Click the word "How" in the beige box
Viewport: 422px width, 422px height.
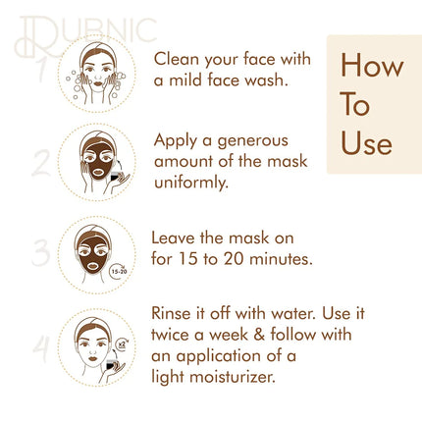372,65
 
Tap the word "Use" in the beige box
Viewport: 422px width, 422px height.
366,143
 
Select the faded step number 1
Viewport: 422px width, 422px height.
40,70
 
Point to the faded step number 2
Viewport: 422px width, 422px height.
41,163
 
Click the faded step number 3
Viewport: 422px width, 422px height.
41,252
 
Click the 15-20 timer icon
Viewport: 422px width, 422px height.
118,271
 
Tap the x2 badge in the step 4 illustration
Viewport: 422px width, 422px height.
123,344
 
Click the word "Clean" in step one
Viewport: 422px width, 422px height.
177,59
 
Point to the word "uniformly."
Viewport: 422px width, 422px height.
190,183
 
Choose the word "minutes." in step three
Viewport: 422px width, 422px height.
281,259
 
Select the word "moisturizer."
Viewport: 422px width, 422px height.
233,377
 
